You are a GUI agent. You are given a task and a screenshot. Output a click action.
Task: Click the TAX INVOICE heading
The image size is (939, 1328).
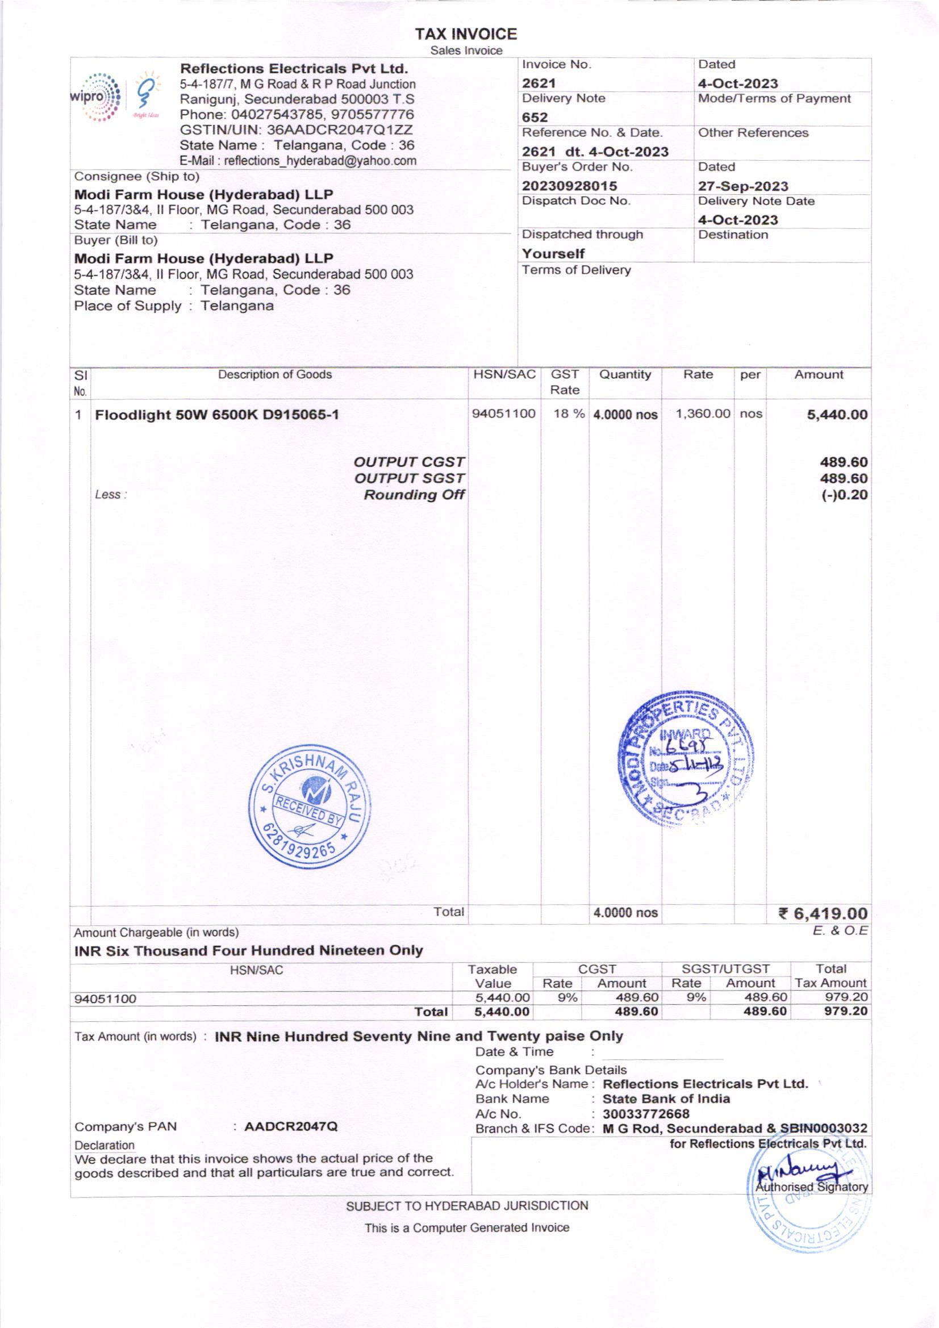click(466, 34)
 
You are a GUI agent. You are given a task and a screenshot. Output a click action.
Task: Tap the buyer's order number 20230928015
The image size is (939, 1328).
click(569, 186)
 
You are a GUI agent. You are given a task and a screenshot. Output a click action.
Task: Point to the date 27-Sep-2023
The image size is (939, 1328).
click(743, 186)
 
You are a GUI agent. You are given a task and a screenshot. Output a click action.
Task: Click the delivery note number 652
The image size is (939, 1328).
click(535, 118)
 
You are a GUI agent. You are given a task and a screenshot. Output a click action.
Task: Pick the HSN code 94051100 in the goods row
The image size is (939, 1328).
click(503, 414)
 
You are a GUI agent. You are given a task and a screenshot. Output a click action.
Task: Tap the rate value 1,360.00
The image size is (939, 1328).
click(703, 414)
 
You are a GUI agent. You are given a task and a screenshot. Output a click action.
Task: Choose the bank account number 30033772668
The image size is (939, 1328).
click(646, 1114)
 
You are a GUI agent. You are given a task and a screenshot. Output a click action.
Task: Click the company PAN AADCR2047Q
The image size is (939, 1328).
click(291, 1127)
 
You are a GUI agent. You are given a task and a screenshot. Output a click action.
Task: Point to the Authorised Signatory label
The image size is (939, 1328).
click(812, 1187)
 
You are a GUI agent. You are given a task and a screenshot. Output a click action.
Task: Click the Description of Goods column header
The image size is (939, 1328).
click(275, 375)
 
